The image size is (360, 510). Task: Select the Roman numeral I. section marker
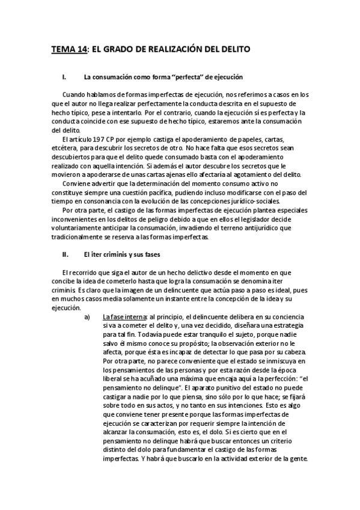pos(65,78)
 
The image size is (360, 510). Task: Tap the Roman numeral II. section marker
pos(66,255)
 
